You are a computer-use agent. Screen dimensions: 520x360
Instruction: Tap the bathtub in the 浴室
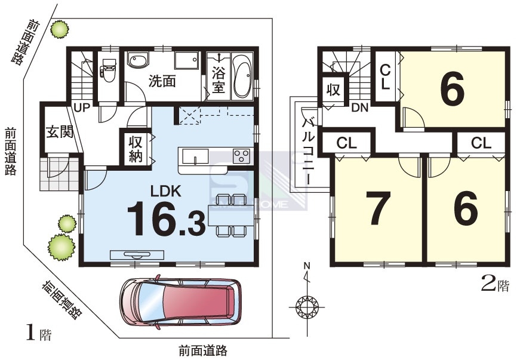pyautogui.click(x=243, y=76)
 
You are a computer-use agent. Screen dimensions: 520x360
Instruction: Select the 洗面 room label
pyautogui.click(x=162, y=81)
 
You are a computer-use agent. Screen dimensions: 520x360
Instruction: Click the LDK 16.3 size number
pyautogui.click(x=166, y=219)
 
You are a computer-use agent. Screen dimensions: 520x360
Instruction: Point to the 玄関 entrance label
pyautogui.click(x=60, y=133)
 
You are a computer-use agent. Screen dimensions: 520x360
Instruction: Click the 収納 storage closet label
pyautogui.click(x=136, y=149)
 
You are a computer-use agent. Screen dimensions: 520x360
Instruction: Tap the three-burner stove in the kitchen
pyautogui.click(x=241, y=156)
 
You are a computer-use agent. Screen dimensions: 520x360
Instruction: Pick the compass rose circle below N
pyautogui.click(x=307, y=307)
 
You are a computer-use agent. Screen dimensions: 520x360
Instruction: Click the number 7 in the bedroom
pyautogui.click(x=377, y=208)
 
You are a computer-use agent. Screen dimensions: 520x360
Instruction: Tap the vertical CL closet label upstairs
pyautogui.click(x=385, y=77)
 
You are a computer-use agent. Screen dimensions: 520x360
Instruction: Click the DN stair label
pyautogui.click(x=359, y=107)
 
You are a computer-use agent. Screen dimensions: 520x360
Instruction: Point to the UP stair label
pyautogui.click(x=82, y=107)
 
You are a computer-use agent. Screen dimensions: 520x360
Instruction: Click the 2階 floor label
pyautogui.click(x=495, y=285)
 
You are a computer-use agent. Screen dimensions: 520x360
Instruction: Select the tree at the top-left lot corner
pyautogui.click(x=60, y=29)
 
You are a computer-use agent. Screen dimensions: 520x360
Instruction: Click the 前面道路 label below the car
pyautogui.click(x=203, y=350)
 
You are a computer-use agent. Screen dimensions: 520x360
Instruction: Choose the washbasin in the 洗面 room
pyautogui.click(x=139, y=60)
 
